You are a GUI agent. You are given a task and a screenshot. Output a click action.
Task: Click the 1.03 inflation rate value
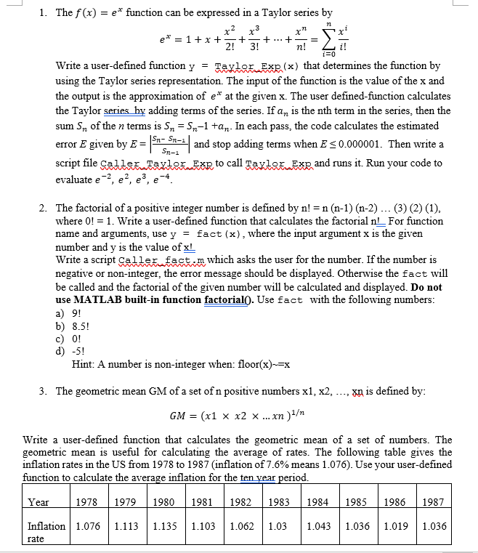click(278, 526)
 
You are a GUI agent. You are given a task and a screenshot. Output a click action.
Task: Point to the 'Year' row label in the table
click(39, 502)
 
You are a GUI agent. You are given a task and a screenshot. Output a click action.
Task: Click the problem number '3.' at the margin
click(44, 391)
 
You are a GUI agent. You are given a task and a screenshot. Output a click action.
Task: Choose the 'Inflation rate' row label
click(45, 531)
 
